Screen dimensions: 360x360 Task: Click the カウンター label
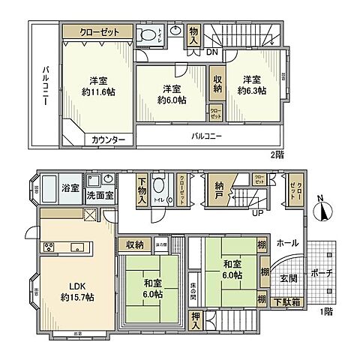109,139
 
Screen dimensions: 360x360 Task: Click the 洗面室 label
98,196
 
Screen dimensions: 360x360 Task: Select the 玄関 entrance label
288,277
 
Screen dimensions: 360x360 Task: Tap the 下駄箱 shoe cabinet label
287,301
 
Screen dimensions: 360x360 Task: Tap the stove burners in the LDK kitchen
50,247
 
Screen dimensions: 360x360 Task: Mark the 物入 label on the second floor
194,34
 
